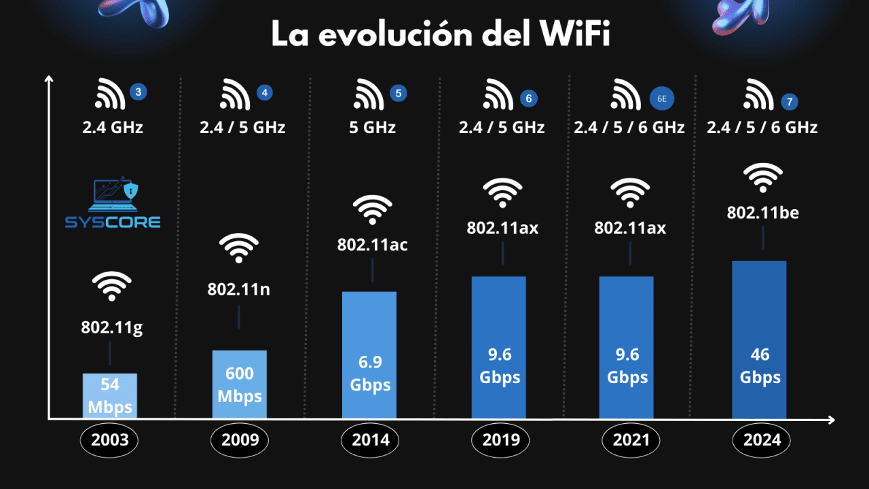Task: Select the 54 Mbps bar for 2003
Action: pos(110,396)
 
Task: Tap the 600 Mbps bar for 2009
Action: pos(240,384)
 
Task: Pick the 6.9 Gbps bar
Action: pos(369,355)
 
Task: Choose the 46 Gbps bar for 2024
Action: pos(759,340)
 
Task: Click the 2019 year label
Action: pos(501,440)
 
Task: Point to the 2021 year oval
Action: pos(631,440)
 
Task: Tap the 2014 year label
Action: pos(371,440)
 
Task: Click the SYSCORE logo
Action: pos(113,204)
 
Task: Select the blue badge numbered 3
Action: pos(138,92)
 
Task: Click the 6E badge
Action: pos(662,98)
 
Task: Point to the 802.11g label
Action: pos(112,328)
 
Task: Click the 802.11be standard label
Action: pos(762,213)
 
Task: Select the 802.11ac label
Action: pos(373,244)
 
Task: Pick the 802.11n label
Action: pos(239,289)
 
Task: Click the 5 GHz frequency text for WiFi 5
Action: pos(372,127)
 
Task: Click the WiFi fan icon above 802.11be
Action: pos(762,179)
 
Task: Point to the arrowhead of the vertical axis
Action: pos(49,79)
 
